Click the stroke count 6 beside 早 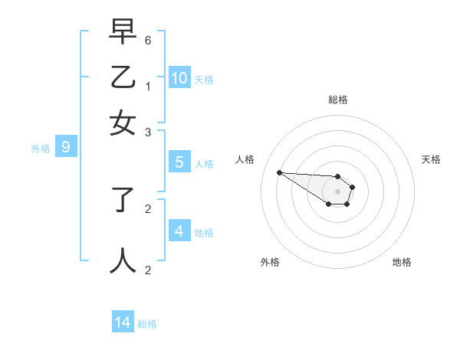pos(147,40)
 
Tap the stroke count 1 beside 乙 pos(147,87)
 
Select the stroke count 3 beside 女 pos(147,133)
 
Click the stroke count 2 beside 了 pos(147,208)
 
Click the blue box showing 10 pos(179,77)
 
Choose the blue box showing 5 pos(179,162)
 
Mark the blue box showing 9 pos(66,147)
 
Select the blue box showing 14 pos(123,322)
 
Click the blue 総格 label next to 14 pos(147,324)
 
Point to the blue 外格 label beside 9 pos(41,149)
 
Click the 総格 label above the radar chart pos(337,100)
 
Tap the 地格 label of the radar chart pos(402,262)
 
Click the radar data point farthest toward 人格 pos(279,172)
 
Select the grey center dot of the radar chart pos(337,191)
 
